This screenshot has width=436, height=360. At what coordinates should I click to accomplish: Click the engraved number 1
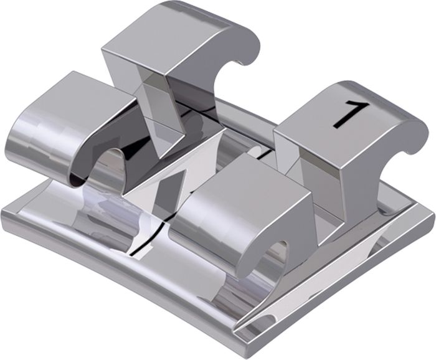pos(351,115)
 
